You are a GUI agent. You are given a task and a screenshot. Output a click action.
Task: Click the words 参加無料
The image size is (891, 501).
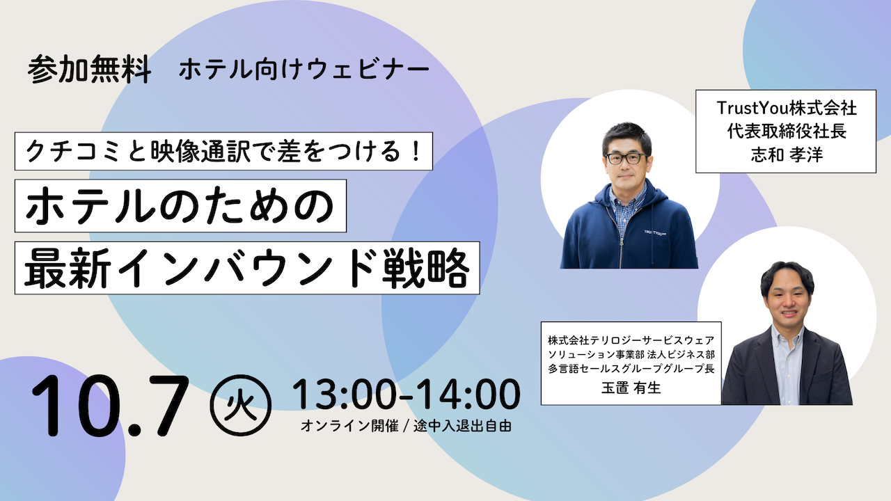(x=90, y=69)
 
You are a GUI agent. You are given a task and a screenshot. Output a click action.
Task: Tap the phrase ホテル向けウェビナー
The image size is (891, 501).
(x=304, y=70)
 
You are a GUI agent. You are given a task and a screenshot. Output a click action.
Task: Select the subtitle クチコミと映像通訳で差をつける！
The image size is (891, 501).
(x=223, y=152)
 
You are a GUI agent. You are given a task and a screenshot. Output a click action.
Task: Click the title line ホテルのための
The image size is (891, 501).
(x=180, y=206)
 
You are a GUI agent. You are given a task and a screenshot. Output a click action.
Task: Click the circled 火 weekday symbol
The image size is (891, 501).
(x=241, y=405)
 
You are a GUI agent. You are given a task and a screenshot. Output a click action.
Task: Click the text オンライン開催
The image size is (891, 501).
(x=349, y=426)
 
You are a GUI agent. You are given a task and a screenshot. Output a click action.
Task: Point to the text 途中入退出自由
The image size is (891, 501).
(x=463, y=426)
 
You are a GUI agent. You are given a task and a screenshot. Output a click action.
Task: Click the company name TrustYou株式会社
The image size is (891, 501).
(x=787, y=108)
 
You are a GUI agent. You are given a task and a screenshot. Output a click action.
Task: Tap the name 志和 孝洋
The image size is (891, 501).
(x=787, y=154)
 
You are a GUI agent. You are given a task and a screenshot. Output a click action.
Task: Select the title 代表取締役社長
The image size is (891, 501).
(x=787, y=132)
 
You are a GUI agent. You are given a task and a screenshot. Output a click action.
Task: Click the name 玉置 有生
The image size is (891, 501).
(x=631, y=388)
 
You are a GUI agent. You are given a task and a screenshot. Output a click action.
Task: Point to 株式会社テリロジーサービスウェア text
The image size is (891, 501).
(x=631, y=340)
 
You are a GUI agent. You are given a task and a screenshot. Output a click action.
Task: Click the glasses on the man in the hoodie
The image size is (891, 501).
(x=626, y=158)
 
